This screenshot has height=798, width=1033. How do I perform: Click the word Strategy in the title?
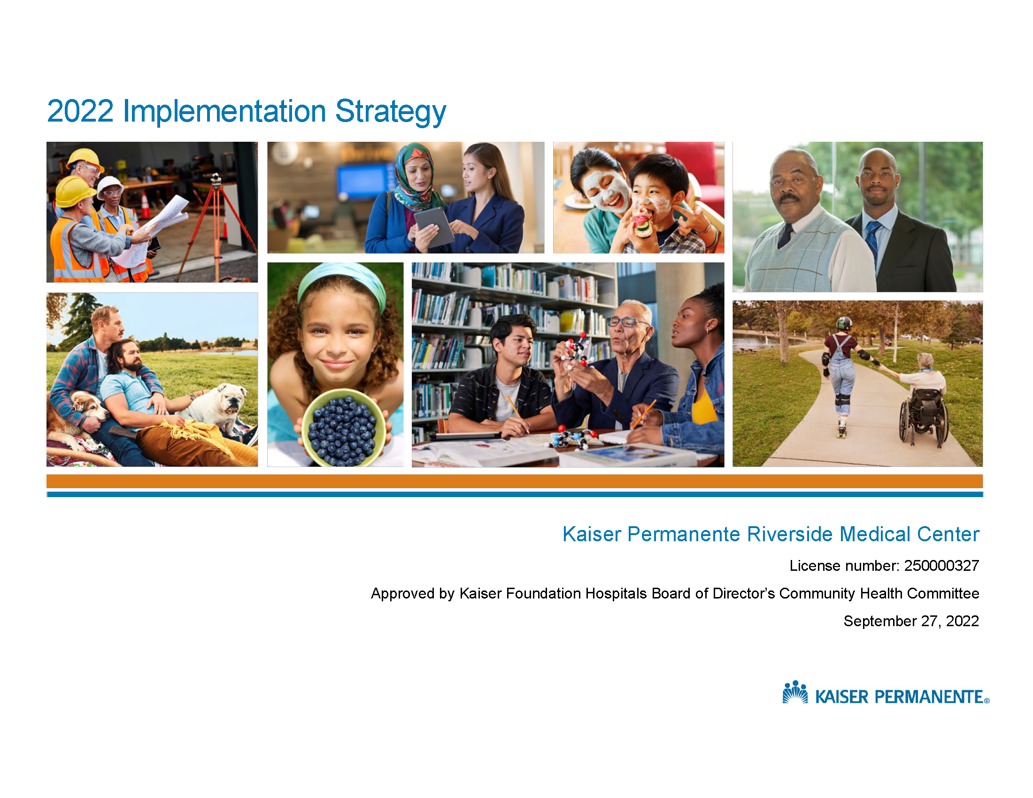pyautogui.click(x=391, y=113)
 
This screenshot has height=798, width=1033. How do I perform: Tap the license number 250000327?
pyautogui.click(x=941, y=566)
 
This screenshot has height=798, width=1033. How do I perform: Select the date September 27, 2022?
pyautogui.click(x=911, y=621)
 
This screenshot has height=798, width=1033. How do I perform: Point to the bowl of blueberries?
pyautogui.click(x=344, y=428)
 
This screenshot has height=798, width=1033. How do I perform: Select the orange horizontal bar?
pyautogui.click(x=515, y=481)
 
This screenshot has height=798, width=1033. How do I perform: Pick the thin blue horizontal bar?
pyautogui.click(x=515, y=494)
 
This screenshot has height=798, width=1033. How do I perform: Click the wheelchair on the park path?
pyautogui.click(x=924, y=416)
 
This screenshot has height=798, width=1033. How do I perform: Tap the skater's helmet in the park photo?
pyautogui.click(x=844, y=323)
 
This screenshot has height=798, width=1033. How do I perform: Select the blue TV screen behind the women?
pyautogui.click(x=365, y=182)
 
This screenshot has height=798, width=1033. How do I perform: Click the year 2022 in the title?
pyautogui.click(x=80, y=112)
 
